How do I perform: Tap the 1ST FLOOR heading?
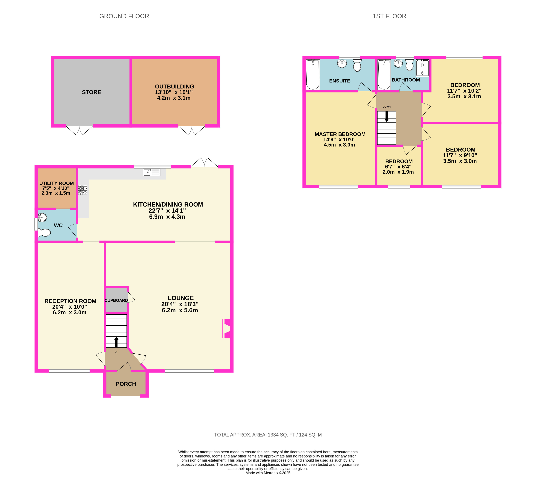[x=389, y=16]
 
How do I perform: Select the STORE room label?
[x=92, y=92]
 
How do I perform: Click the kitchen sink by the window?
[x=151, y=172]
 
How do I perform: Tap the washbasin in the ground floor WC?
[x=42, y=217]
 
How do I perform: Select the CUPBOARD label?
[x=116, y=300]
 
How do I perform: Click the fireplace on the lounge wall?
[x=227, y=329]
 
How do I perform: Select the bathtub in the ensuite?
[x=313, y=75]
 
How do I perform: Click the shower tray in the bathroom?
[x=422, y=68]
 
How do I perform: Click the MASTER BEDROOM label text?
[x=340, y=134]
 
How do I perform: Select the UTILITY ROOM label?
[x=56, y=183]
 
